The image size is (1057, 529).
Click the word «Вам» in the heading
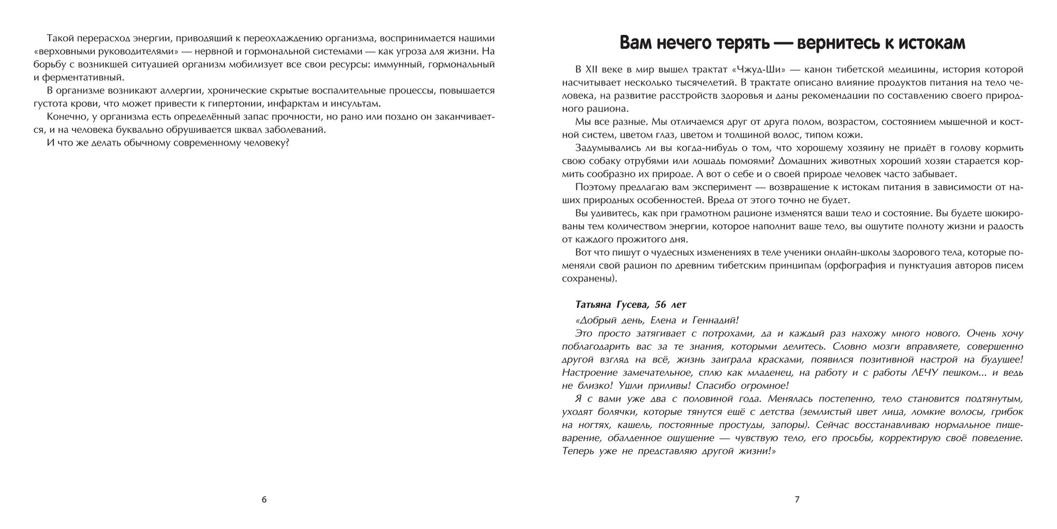click(639, 43)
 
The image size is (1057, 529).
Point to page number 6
click(264, 500)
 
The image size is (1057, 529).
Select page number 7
click(797, 500)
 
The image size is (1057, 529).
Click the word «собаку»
click(602, 161)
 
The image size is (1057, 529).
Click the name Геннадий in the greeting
click(709, 320)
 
